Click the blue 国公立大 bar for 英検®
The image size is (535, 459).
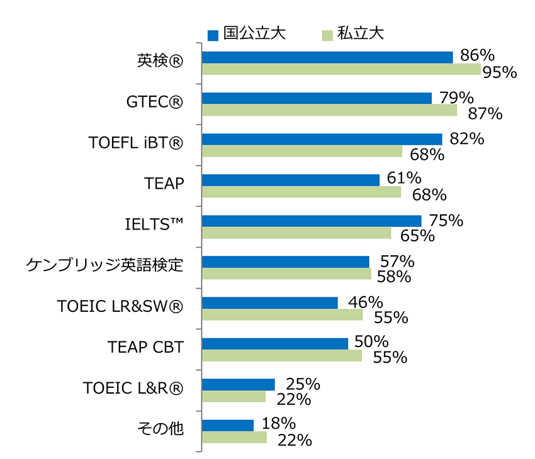[x=327, y=57]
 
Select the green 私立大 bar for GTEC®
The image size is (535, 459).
[x=329, y=110]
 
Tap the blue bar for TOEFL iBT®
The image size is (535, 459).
[x=322, y=139]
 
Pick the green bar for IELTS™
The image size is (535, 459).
[x=296, y=233]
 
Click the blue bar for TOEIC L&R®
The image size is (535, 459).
[x=238, y=384]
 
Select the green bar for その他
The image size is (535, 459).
[x=234, y=437]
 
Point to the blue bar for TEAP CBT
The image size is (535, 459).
[x=274, y=343]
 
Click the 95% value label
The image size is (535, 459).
[x=499, y=72]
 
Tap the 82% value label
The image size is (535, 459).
[x=466, y=139]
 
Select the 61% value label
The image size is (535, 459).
[x=403, y=179]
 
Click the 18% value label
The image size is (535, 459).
[x=278, y=423]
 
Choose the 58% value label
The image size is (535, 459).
[x=394, y=276]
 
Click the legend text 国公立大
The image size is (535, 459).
[x=255, y=33]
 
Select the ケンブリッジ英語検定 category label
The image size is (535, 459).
[x=104, y=265]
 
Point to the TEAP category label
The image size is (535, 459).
[x=164, y=184]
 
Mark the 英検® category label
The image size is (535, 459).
[x=160, y=61]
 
